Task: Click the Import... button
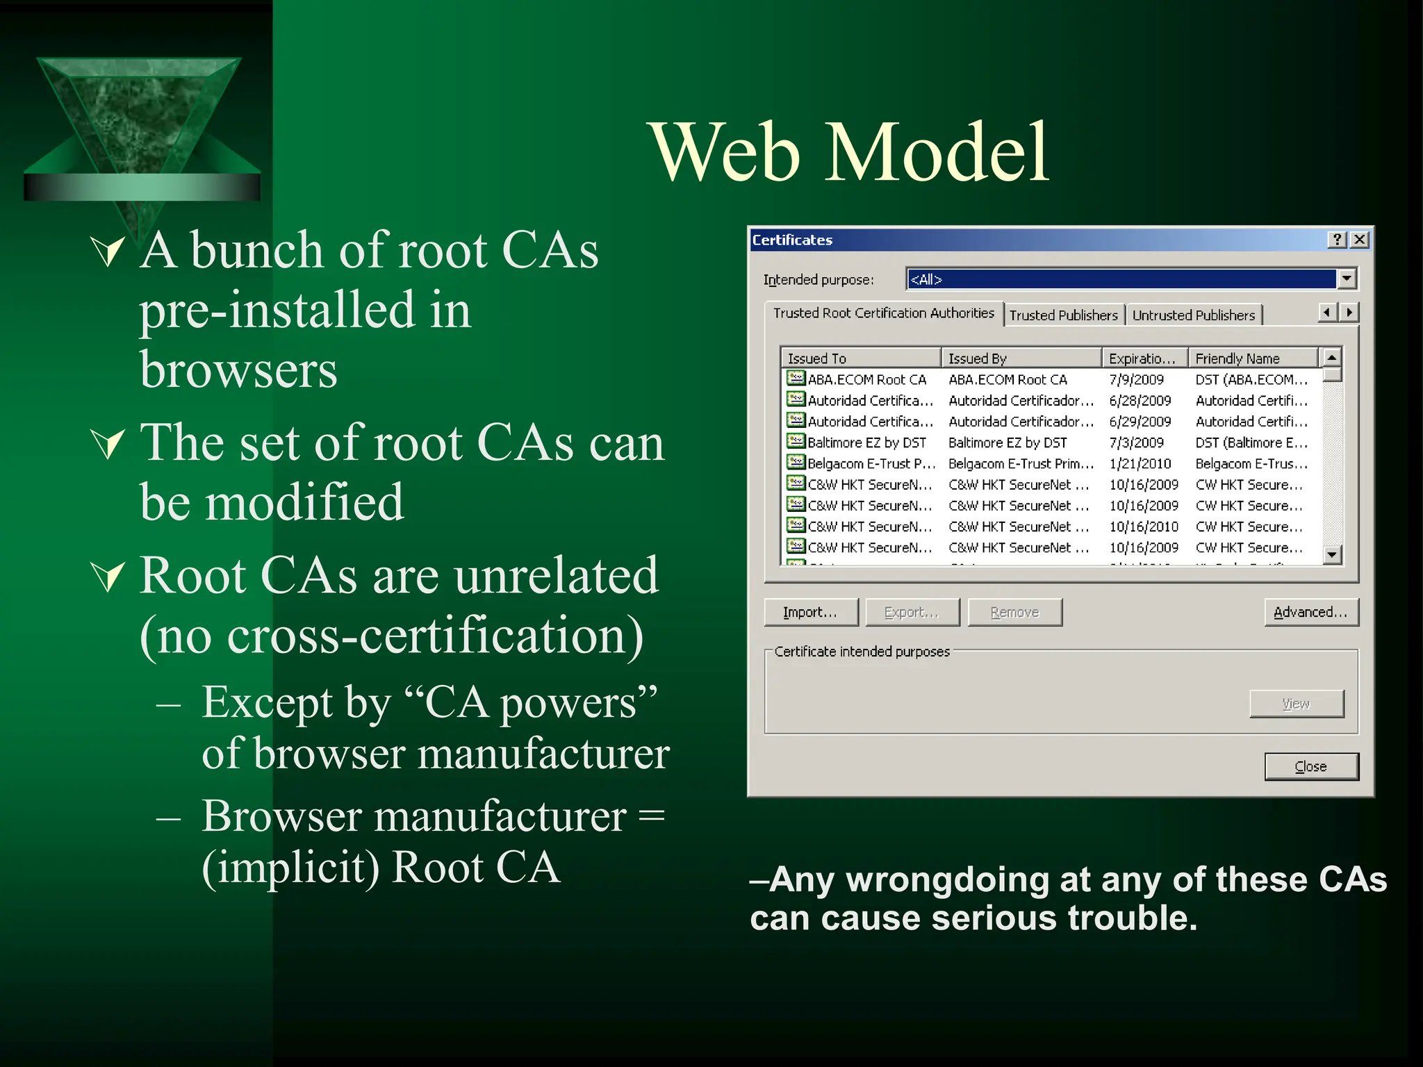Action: (x=810, y=612)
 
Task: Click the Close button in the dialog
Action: (x=1310, y=766)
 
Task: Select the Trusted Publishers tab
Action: (x=1063, y=315)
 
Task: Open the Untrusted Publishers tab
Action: (x=1193, y=315)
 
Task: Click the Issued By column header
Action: (x=1020, y=358)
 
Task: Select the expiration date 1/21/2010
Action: (x=1140, y=463)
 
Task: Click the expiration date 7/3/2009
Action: (x=1136, y=442)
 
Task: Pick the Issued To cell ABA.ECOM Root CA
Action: (x=866, y=380)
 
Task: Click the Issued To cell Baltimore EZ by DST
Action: (x=866, y=442)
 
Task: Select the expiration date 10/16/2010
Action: (x=1144, y=527)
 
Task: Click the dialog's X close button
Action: (x=1360, y=240)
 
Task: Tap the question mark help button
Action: (x=1337, y=240)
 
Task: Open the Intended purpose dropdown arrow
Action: (x=1347, y=279)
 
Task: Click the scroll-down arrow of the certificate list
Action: (x=1331, y=554)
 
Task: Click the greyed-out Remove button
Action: (x=1014, y=612)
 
